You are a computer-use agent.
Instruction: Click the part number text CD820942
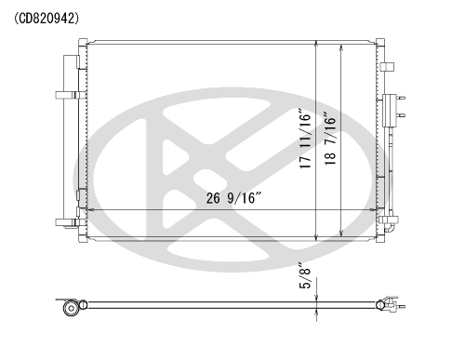(x=46, y=19)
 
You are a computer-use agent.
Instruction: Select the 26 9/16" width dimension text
(x=234, y=198)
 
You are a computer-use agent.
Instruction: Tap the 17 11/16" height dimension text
(x=305, y=139)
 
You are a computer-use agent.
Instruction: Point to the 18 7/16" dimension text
(x=330, y=139)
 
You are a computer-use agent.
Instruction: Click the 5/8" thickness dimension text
(x=305, y=275)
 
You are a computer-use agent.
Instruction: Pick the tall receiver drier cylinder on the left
(x=71, y=141)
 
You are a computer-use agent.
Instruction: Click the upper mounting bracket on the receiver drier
(x=70, y=95)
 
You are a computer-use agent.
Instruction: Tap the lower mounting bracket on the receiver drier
(x=70, y=222)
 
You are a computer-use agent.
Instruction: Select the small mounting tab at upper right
(x=387, y=67)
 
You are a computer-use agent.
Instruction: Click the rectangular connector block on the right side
(x=390, y=111)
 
